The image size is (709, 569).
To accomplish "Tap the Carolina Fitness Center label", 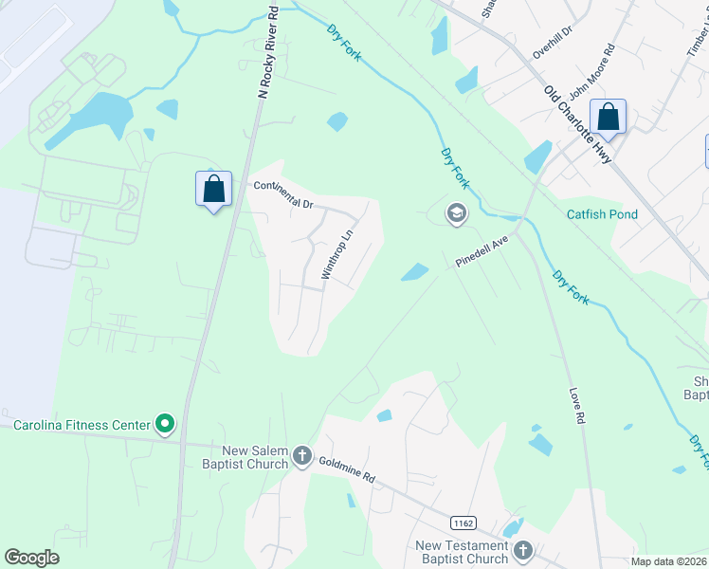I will pos(81,425).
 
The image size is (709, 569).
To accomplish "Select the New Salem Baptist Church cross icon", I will pos(302,456).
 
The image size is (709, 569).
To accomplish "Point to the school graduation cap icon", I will pos(457,213).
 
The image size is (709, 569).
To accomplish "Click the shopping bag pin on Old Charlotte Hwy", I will pos(608,118).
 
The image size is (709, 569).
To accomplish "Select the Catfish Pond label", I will pos(602,214).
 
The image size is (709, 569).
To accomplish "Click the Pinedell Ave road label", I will pos(482,252).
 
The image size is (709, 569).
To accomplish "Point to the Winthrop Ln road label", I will pos(337,252).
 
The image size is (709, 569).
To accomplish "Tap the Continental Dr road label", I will pos(282,194).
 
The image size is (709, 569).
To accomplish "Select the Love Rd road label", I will pos(580,404).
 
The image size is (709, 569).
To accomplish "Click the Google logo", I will pos(32,558).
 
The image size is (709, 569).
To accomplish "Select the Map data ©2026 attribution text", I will pos(669,561).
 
